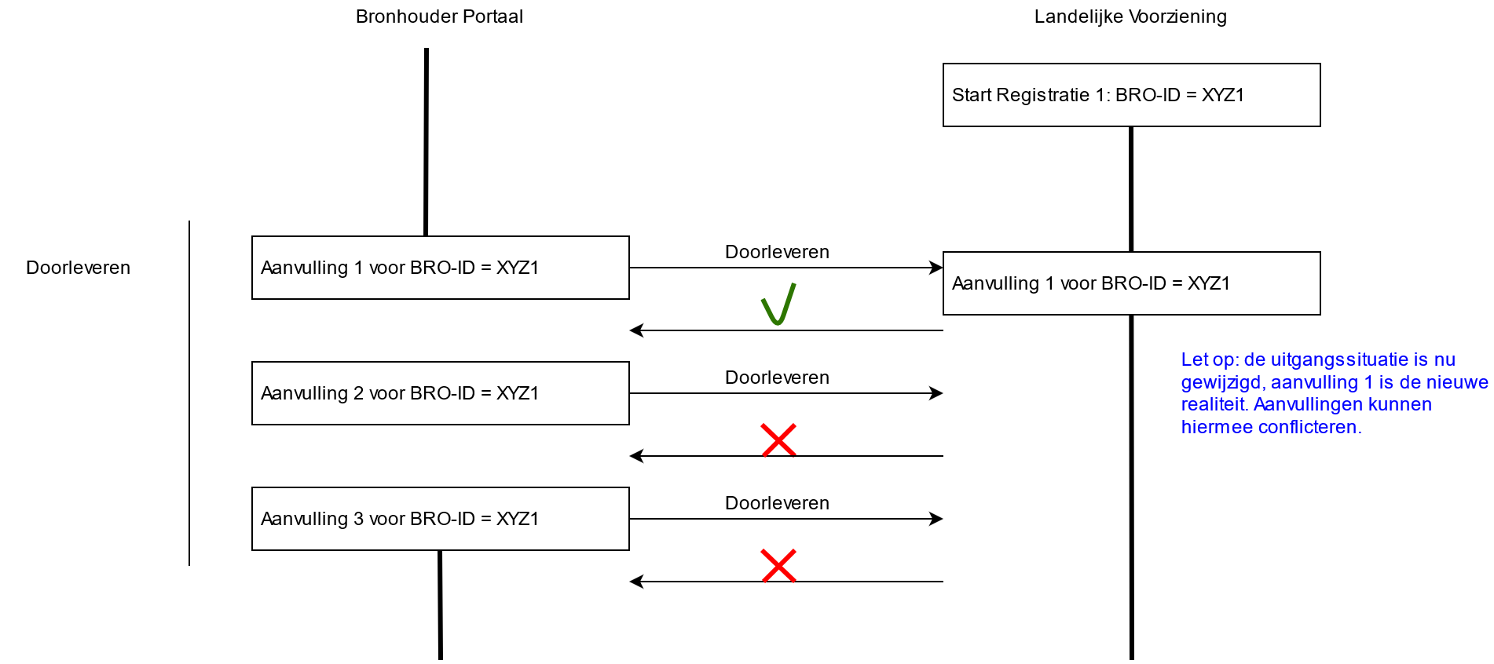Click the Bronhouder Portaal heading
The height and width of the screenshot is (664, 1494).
439,16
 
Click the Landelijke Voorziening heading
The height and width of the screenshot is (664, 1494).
1130,16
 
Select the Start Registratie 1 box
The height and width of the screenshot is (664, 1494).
1131,95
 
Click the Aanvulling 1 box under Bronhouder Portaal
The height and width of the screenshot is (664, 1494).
440,268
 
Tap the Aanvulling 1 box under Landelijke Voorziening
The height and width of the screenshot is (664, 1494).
1131,283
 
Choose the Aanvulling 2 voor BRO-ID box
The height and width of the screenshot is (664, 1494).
440,393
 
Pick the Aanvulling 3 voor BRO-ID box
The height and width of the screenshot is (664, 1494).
440,519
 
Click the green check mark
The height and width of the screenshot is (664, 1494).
778,305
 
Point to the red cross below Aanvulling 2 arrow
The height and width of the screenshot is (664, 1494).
778,440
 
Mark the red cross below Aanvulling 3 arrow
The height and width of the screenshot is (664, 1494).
778,565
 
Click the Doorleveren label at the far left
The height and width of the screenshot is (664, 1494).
78,268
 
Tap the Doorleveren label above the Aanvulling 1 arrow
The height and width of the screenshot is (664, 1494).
777,252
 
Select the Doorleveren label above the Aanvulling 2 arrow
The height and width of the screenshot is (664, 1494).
777,378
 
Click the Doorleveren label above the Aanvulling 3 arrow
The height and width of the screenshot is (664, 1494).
777,503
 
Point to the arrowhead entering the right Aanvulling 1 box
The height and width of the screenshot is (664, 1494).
936,268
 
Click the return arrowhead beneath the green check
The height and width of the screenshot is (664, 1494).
636,330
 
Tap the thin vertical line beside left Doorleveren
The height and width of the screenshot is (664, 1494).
189,392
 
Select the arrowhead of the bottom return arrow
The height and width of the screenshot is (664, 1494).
636,582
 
